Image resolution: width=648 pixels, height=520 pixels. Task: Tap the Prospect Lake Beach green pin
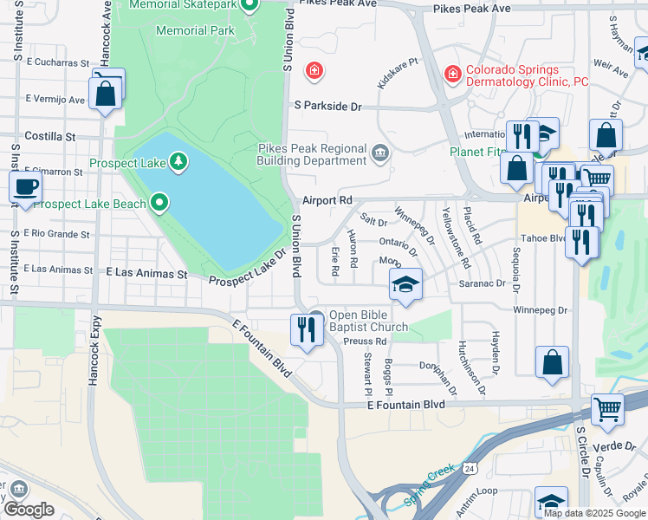coord(159,204)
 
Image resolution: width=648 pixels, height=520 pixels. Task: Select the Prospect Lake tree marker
coord(178,160)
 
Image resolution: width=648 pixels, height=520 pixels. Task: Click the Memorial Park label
coord(195,30)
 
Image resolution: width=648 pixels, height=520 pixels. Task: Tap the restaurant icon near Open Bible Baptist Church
coord(305,329)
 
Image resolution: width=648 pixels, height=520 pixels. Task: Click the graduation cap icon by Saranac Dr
coord(405,284)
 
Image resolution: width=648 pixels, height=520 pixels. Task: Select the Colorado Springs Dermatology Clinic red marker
coord(451,75)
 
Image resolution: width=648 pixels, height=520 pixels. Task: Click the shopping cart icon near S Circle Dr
coord(607,408)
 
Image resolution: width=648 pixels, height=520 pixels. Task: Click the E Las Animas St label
coord(146,273)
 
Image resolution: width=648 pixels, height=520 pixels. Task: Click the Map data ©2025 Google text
coord(594,513)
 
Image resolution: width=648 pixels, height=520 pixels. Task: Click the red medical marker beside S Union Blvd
coord(314,70)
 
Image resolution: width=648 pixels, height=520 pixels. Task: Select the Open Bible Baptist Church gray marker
coord(316,318)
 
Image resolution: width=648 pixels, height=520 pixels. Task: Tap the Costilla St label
coord(50,136)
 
